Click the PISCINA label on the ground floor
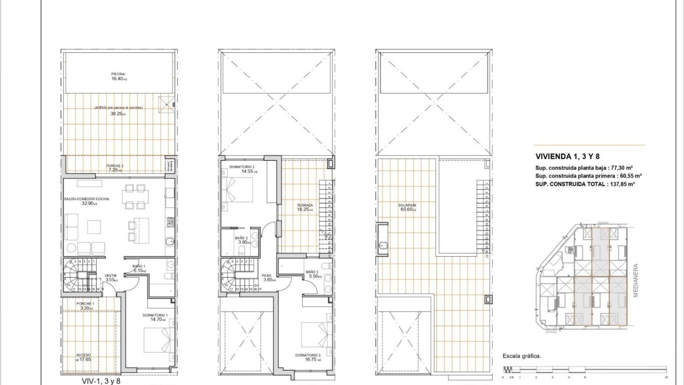coord(118,74)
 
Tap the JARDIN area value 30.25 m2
coord(118,114)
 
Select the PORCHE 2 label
coord(115,166)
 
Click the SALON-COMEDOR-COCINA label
coord(87,199)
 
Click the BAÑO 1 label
coord(139,266)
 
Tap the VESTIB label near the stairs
coord(111,275)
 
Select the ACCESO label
coord(84,355)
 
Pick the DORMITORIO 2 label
coord(242,167)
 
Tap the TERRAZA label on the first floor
coord(304,206)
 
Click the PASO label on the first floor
coord(267,275)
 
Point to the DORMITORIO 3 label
coord(308,355)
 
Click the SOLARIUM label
coord(408,206)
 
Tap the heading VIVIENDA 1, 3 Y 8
coord(560,156)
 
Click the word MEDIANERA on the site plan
coord(636,281)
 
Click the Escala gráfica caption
coord(521,356)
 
